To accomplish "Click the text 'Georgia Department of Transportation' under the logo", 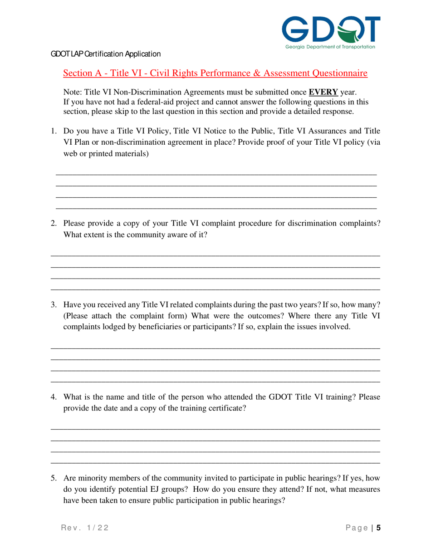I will pos(330,47).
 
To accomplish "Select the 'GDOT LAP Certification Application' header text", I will pos(105,54).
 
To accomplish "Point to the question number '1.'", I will pos(54,132).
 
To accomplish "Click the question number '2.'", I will pos(54,223).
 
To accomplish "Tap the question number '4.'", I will pos(54,397).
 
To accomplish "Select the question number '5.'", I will pos(54,478).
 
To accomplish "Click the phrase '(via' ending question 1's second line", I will pos(373,142).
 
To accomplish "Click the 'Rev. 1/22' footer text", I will pos(84,528).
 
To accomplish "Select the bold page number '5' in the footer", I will pos(378,528).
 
